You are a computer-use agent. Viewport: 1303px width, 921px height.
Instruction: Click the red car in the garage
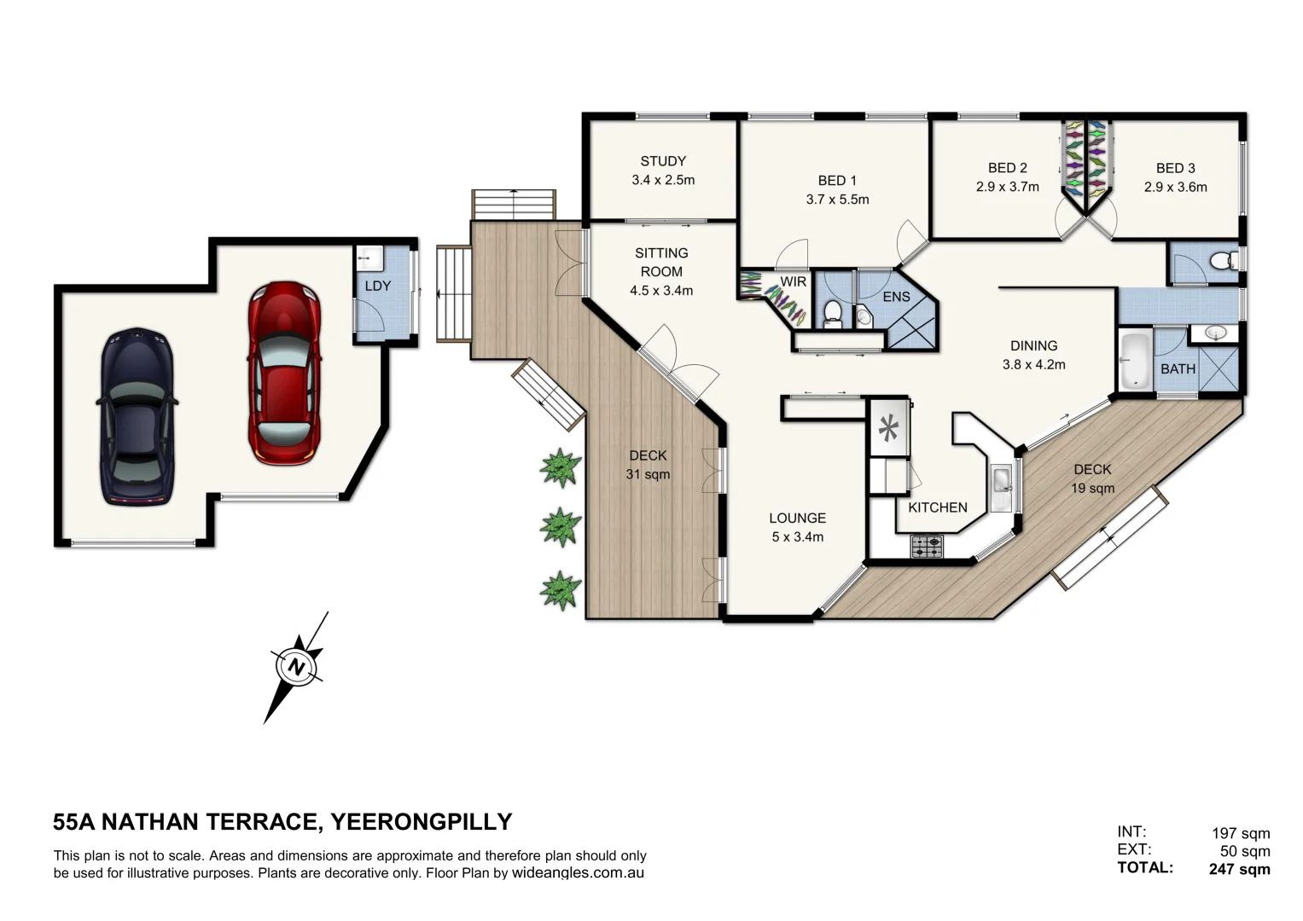click(284, 373)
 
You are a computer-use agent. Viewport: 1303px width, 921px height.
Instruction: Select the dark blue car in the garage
click(137, 417)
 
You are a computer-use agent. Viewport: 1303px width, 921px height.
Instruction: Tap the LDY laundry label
click(378, 286)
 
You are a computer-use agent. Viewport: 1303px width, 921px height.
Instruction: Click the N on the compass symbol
click(297, 666)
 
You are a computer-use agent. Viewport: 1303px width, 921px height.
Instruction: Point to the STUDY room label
click(663, 161)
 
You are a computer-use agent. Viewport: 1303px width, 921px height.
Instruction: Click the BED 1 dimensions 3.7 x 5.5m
click(838, 200)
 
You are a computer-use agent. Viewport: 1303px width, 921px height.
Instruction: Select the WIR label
click(794, 281)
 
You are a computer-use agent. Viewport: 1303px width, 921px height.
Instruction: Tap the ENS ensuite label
click(896, 297)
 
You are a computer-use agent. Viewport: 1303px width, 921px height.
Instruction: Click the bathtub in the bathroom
click(1134, 360)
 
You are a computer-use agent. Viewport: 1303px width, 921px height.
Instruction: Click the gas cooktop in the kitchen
click(928, 546)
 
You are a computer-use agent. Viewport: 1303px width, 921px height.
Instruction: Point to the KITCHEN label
click(938, 507)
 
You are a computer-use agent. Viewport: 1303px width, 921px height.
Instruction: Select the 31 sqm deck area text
click(648, 474)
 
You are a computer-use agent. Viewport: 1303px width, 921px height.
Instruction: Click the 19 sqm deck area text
click(1093, 489)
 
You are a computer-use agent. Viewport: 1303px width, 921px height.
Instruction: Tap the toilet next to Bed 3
click(1224, 261)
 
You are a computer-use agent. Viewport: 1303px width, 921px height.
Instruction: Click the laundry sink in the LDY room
click(369, 258)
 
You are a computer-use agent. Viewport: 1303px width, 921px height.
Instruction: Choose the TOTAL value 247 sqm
click(1240, 869)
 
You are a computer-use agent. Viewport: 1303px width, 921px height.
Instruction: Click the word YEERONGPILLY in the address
click(422, 821)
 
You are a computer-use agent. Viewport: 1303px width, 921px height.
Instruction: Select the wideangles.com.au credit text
click(578, 872)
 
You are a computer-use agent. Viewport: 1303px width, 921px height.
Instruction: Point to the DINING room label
click(1033, 346)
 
